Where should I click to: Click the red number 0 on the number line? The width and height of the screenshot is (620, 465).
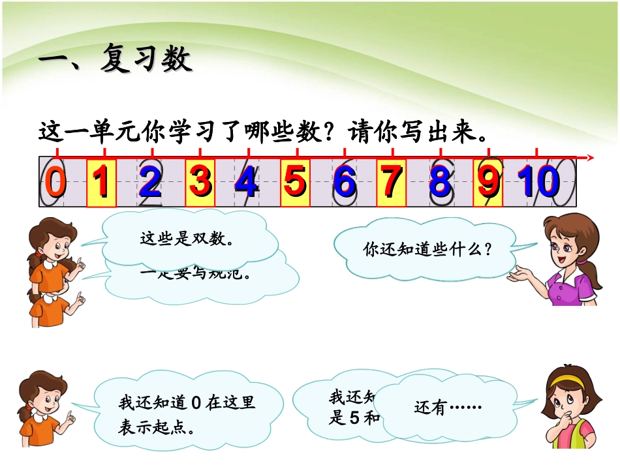point(55,183)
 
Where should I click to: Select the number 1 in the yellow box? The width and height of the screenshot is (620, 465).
point(101,183)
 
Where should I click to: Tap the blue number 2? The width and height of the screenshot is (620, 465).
point(149,183)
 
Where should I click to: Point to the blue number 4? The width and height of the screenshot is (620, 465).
point(247,183)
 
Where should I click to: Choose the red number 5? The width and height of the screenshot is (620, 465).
point(295,183)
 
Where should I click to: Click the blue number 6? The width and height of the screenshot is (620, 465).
point(344,183)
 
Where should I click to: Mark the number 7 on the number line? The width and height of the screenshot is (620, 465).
point(392,183)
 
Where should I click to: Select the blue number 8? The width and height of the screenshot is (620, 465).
point(441,183)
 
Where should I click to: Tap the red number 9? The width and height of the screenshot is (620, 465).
point(488,183)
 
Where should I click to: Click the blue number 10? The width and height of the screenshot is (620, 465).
point(538,183)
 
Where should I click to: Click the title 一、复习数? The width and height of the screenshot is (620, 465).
point(115,61)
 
